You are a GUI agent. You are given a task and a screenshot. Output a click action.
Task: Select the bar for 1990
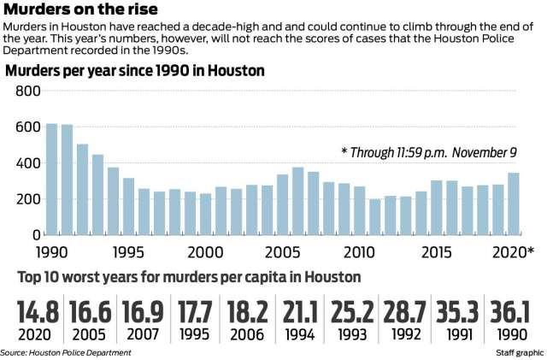pyautogui.click(x=52, y=179)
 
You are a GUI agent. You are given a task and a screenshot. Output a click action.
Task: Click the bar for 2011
pyautogui.click(x=375, y=216)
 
